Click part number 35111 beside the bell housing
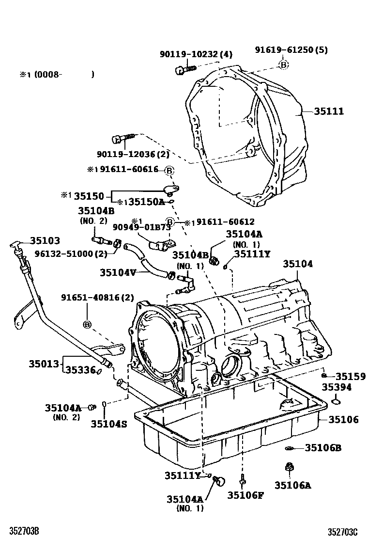(329, 111)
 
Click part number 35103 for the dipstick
(45, 240)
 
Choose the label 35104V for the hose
(118, 272)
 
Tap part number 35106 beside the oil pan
(344, 420)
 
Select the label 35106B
(323, 448)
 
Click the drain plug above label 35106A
(289, 467)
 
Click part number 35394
(338, 388)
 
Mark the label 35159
(351, 376)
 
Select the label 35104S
(108, 424)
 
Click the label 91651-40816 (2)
(97, 298)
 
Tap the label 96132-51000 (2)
(71, 254)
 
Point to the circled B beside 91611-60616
(169, 170)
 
